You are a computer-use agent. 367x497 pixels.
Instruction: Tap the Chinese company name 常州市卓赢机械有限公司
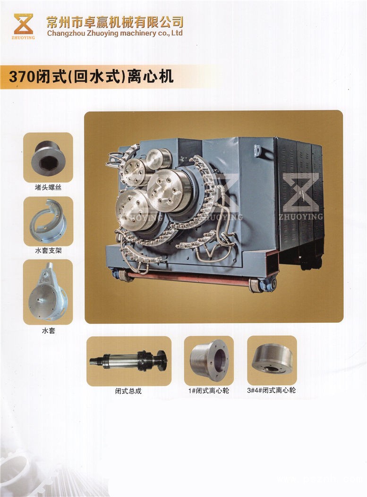[115, 22]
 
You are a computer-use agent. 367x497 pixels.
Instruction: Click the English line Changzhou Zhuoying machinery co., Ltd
[115, 33]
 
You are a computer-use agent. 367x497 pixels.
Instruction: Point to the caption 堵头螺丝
[48, 187]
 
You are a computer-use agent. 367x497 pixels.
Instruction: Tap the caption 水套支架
[48, 251]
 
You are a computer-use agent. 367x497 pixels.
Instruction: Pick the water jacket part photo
[48, 292]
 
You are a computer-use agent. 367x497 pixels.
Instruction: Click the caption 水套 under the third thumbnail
[49, 331]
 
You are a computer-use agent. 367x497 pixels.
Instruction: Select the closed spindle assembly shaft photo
[129, 361]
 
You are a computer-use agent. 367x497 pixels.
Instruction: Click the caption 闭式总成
[128, 391]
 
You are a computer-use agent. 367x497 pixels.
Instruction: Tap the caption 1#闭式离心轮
[209, 391]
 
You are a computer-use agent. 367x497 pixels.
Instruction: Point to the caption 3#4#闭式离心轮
[271, 390]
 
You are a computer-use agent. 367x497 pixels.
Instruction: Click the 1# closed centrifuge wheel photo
[209, 361]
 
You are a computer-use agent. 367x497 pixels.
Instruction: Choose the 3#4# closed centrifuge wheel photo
[272, 361]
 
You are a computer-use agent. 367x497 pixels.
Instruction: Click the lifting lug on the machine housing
[257, 150]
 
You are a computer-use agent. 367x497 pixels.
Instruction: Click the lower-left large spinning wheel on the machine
[133, 210]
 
